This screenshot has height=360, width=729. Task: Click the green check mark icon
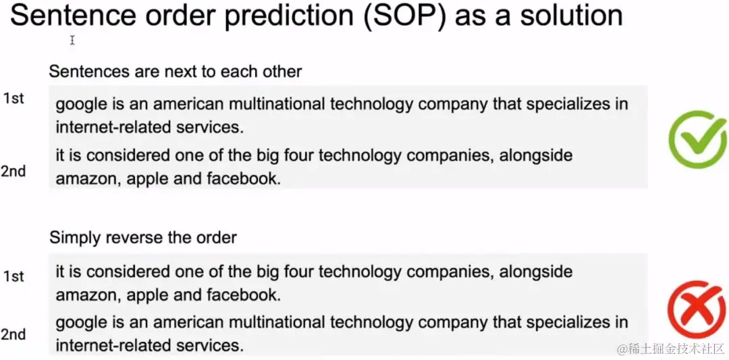[697, 138]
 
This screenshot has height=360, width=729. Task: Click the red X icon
[696, 309]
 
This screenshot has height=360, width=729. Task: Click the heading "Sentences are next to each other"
[175, 72]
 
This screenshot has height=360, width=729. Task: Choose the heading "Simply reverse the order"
[143, 238]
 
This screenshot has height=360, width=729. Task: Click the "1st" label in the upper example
[13, 99]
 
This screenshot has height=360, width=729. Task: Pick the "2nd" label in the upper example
[13, 172]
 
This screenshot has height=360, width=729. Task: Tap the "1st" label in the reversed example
[13, 276]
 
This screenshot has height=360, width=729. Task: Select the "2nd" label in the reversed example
[13, 334]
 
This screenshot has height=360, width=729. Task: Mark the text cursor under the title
[72, 41]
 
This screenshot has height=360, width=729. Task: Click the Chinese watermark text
[671, 348]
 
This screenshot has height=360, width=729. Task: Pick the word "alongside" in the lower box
[536, 272]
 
